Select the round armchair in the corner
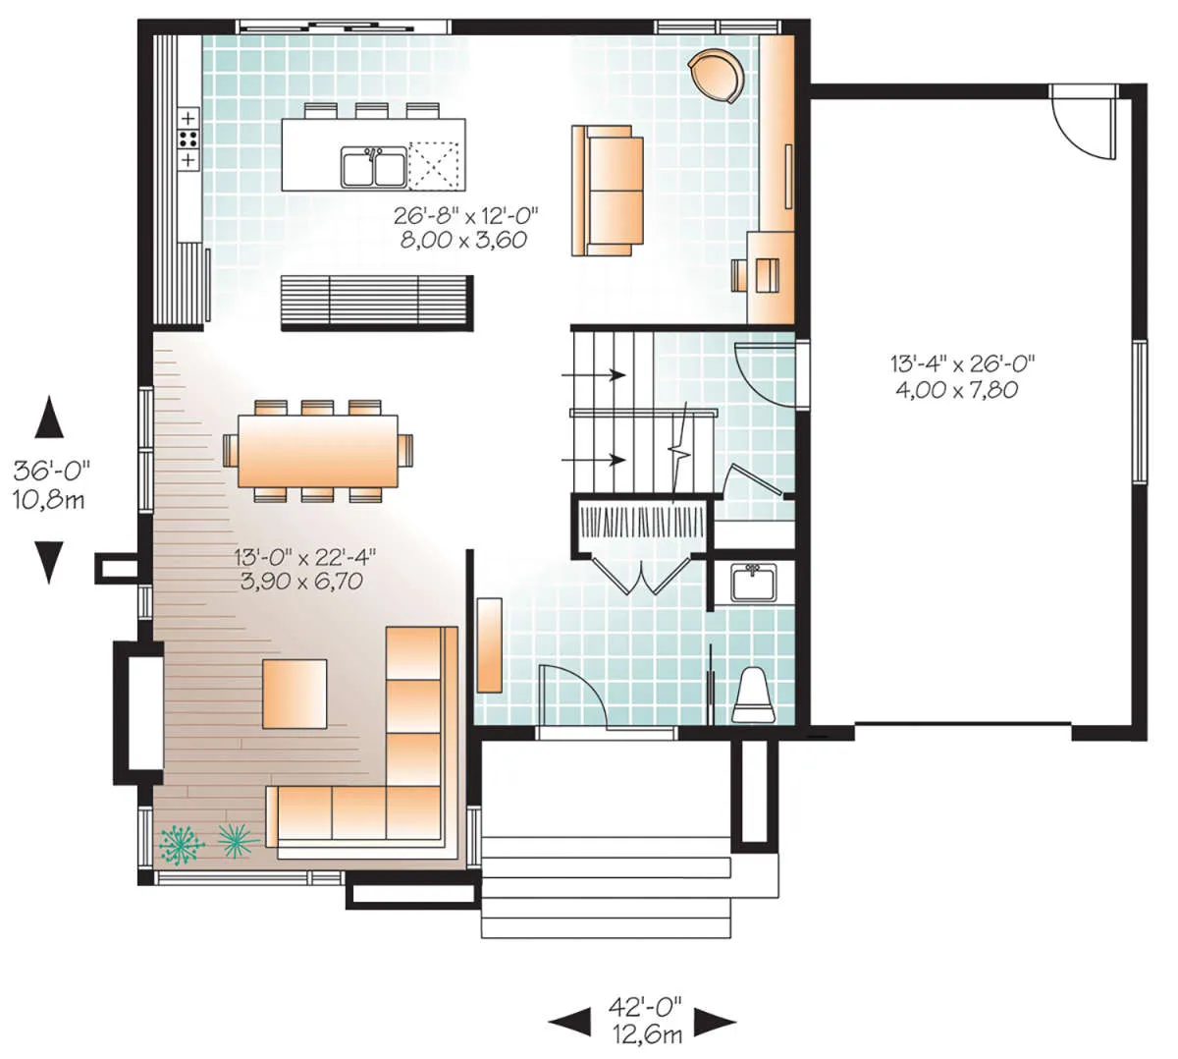pyautogui.click(x=716, y=76)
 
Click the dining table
pyautogui.click(x=317, y=451)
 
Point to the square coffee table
pyautogui.click(x=294, y=694)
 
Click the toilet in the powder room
pyautogui.click(x=753, y=696)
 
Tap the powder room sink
pyautogui.click(x=754, y=584)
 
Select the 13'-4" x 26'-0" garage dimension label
pyautogui.click(x=962, y=376)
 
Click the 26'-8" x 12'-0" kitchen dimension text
pyautogui.click(x=465, y=228)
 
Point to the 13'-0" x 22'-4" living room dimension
pyautogui.click(x=304, y=569)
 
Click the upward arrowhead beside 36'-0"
pyautogui.click(x=49, y=417)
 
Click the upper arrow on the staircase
pyautogui.click(x=593, y=374)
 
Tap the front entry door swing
pyautogui.click(x=572, y=697)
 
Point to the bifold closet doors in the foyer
pyautogui.click(x=641, y=576)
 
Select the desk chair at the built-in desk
pyautogui.click(x=739, y=275)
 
